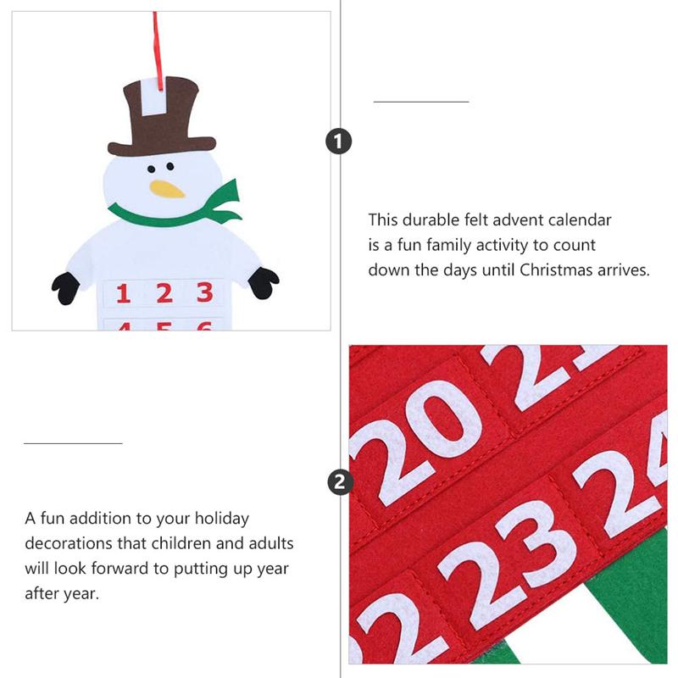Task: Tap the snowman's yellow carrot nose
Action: click(x=167, y=188)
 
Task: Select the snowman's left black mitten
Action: click(x=66, y=288)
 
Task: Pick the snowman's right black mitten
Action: click(x=264, y=283)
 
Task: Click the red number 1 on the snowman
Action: click(x=123, y=293)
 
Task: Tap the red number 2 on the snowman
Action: click(x=164, y=292)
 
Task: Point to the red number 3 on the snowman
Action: click(x=205, y=292)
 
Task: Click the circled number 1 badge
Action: click(x=338, y=142)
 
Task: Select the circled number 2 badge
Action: click(x=340, y=482)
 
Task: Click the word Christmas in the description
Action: click(x=556, y=270)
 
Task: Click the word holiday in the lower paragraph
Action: click(x=222, y=519)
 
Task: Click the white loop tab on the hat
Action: click(x=155, y=97)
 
